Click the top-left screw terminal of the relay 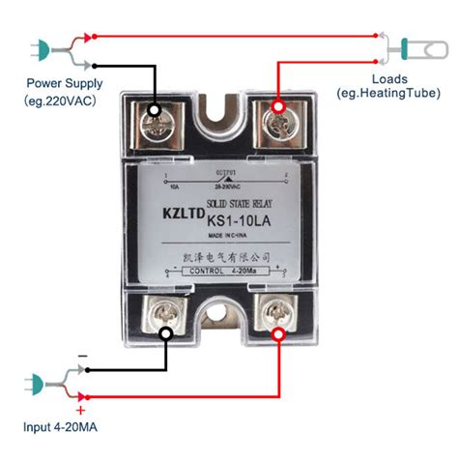[x=155, y=121]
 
